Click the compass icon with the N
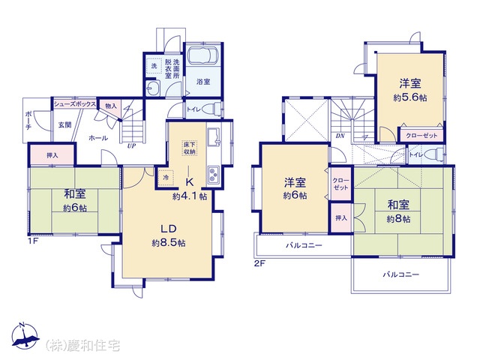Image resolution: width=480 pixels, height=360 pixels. [25, 336]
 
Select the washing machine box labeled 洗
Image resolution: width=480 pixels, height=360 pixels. [154, 65]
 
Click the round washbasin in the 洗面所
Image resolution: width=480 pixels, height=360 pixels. [151, 88]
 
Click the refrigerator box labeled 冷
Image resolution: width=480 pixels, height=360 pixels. [166, 177]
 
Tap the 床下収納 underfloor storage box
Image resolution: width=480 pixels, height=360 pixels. [190, 148]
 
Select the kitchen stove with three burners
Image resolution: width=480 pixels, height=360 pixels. [213, 175]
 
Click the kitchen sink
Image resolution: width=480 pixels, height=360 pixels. [213, 137]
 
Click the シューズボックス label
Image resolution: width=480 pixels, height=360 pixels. [75, 104]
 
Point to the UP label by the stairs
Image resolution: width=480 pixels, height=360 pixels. [132, 146]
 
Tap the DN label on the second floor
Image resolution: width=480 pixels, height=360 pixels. [340, 136]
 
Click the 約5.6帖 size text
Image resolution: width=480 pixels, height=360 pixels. [410, 97]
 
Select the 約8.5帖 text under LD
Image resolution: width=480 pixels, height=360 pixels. [168, 243]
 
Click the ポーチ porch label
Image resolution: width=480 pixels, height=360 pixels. [28, 121]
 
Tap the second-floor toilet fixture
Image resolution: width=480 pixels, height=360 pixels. [436, 154]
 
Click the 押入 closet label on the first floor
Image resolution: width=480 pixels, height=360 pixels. [52, 155]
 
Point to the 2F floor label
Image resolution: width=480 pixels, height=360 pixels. [259, 263]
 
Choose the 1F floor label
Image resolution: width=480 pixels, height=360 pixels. [33, 241]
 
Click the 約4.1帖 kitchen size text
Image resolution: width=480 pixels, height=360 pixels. [190, 196]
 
